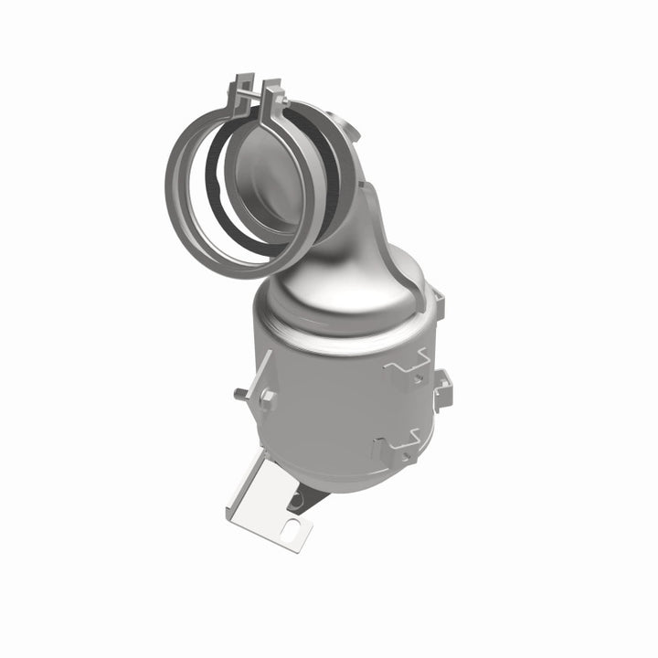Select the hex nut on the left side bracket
point(266,397)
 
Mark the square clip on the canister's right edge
point(442,387)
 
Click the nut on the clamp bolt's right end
point(285,90)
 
